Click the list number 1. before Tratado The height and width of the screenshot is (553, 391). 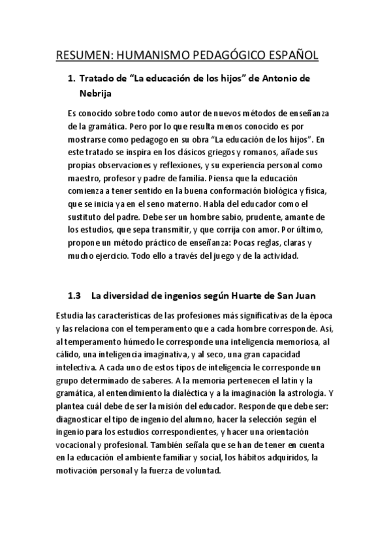[72, 80]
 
